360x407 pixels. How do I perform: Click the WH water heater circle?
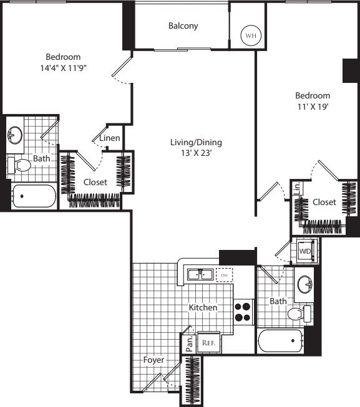(251, 36)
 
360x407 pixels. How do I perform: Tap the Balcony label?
(183, 26)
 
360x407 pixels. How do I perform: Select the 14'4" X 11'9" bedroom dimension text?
(63, 68)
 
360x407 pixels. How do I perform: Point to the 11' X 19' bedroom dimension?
(313, 107)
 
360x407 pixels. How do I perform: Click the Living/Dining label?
(196, 142)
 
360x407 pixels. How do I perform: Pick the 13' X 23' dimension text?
(196, 153)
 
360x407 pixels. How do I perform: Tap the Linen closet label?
(110, 138)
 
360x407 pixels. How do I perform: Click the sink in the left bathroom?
(15, 135)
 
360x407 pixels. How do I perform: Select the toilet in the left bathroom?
(19, 165)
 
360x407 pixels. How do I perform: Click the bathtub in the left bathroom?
(34, 196)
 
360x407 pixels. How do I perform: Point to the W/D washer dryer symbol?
(305, 251)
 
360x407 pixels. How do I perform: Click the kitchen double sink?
(200, 274)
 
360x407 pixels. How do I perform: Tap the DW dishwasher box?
(225, 275)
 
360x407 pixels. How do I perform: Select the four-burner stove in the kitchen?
(243, 312)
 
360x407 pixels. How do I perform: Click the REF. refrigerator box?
(209, 343)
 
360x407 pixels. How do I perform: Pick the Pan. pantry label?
(190, 343)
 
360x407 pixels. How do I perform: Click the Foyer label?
(153, 360)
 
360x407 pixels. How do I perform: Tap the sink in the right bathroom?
(305, 284)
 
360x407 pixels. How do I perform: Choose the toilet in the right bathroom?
(299, 314)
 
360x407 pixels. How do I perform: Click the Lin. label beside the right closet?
(298, 188)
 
